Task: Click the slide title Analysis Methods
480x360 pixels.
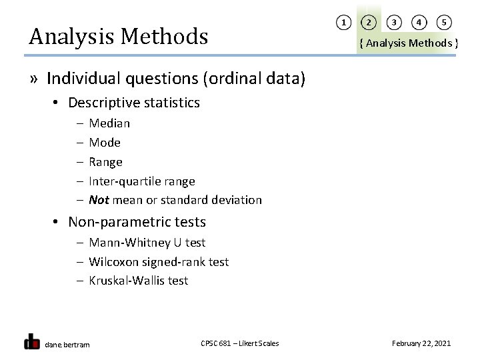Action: tap(119, 36)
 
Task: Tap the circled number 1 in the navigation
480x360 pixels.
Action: tap(343, 23)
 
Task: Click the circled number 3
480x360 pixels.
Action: tap(394, 23)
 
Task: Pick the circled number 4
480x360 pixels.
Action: tap(419, 23)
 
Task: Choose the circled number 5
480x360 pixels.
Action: tap(444, 23)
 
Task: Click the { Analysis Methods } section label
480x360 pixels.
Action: tap(408, 43)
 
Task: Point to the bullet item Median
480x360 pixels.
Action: tap(109, 123)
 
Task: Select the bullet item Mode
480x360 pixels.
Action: tap(105, 143)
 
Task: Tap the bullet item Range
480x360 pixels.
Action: tap(105, 162)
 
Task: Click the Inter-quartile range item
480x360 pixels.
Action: tap(141, 181)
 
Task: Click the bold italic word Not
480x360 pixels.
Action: tap(99, 200)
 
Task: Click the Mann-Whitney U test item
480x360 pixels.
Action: tap(147, 243)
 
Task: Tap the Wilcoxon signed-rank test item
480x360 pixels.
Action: tap(158, 262)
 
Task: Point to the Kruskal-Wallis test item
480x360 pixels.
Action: tap(138, 281)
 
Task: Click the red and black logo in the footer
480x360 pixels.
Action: tap(31, 341)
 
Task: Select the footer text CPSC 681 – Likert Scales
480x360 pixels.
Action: tap(239, 343)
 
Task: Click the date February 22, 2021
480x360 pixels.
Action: tap(421, 343)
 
